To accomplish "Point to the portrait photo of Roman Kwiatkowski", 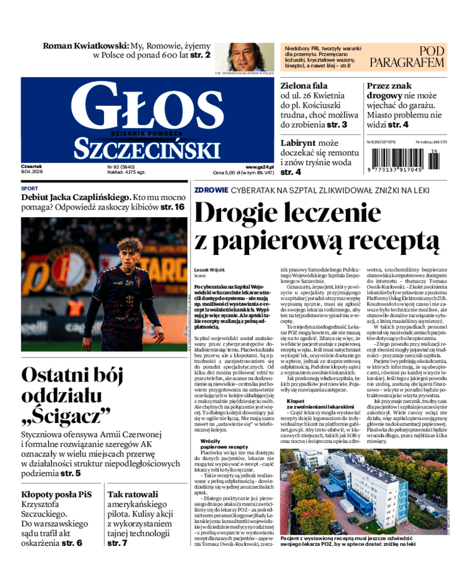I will tap(243, 56).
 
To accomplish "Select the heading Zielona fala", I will tap(304, 85).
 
